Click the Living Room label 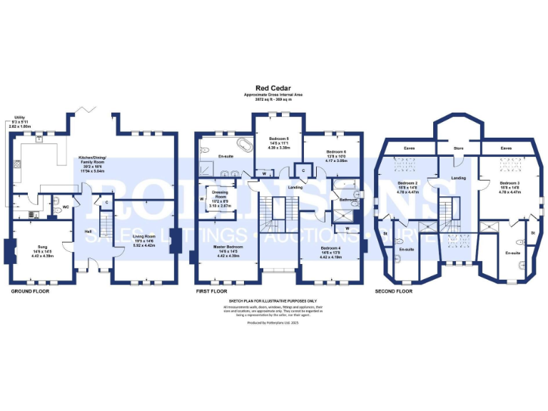(x=144, y=236)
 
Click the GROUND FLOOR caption (x=31, y=291)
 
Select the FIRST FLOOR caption (x=213, y=291)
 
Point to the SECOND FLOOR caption (x=394, y=291)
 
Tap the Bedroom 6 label (x=336, y=152)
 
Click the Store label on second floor (x=459, y=148)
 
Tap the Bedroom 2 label (x=407, y=183)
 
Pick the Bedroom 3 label (x=509, y=183)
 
